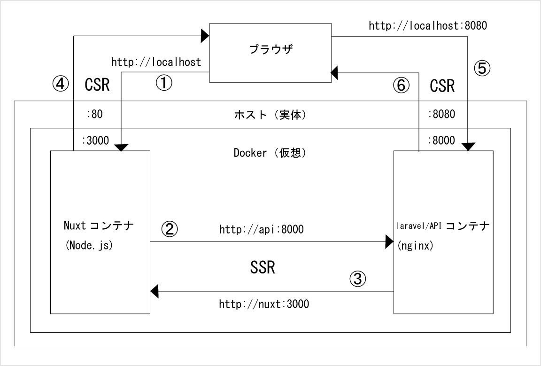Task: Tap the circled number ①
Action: click(x=164, y=84)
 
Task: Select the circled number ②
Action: click(x=170, y=229)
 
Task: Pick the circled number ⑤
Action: click(x=482, y=69)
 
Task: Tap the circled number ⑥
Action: click(x=401, y=85)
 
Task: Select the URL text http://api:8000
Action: click(x=261, y=230)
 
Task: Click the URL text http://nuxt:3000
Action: click(x=263, y=304)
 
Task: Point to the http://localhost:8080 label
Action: click(x=428, y=26)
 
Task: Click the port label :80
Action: click(x=94, y=114)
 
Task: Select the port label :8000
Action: click(x=441, y=140)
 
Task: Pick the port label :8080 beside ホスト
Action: click(x=441, y=114)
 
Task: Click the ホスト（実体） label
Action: click(x=270, y=114)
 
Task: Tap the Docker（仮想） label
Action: click(x=270, y=153)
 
